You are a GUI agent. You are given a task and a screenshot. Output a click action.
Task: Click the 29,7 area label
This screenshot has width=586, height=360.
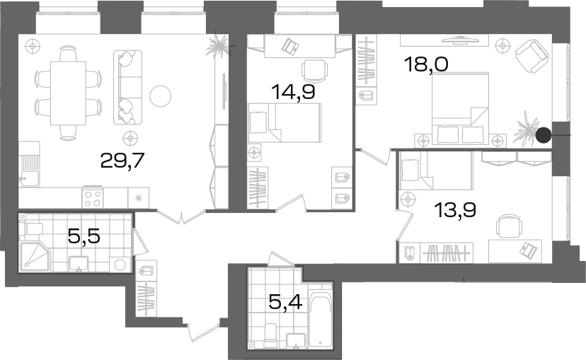click(122, 161)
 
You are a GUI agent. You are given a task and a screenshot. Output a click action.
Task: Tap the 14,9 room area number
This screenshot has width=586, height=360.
click(293, 92)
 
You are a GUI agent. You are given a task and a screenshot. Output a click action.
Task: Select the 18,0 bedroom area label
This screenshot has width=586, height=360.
click(427, 64)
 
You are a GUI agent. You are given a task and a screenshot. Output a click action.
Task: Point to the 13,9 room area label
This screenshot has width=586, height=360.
click(455, 210)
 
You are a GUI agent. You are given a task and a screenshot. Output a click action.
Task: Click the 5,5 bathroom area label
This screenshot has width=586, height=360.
click(84, 236)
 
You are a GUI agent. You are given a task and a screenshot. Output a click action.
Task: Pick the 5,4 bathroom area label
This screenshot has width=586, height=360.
click(285, 302)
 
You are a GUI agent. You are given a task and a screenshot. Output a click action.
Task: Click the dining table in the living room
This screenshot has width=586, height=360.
click(69, 93)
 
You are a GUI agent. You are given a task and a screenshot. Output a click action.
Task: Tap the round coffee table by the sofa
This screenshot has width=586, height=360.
click(161, 96)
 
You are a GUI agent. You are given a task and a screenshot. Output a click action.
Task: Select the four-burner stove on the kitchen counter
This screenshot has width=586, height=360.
click(93, 197)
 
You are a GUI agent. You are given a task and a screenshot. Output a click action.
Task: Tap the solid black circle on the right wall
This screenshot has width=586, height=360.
click(544, 135)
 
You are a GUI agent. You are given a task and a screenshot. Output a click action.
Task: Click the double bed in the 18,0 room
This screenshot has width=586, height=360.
click(461, 108)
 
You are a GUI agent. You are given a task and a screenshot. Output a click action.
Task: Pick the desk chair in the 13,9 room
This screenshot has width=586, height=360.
click(509, 226)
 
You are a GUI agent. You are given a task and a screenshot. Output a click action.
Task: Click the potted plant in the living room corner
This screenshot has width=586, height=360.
click(220, 45)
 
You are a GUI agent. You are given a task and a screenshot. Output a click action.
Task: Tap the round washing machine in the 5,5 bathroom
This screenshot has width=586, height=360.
click(120, 265)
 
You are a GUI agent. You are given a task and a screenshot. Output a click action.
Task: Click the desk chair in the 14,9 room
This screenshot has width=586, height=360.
click(314, 71)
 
